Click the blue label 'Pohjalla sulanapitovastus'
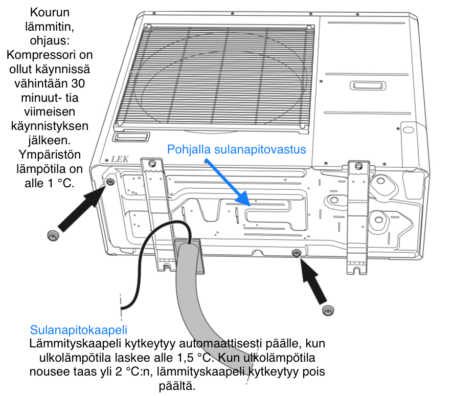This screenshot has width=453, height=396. (x=236, y=149)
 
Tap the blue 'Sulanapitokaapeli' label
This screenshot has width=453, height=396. (x=79, y=330)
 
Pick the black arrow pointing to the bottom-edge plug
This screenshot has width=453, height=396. (x=313, y=281)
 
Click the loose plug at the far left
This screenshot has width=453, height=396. (x=53, y=235)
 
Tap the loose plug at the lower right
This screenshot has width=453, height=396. (x=328, y=311)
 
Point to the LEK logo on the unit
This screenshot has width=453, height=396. (x=120, y=159)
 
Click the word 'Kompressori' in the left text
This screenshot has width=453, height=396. (x=50, y=55)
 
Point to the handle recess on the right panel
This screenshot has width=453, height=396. (x=368, y=86)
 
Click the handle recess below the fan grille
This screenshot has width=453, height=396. (x=131, y=137)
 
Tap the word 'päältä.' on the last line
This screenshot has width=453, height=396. (x=177, y=386)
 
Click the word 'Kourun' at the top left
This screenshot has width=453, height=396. (x=50, y=12)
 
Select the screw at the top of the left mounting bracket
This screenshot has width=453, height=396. (x=152, y=164)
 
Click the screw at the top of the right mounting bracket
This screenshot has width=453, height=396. (x=359, y=166)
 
